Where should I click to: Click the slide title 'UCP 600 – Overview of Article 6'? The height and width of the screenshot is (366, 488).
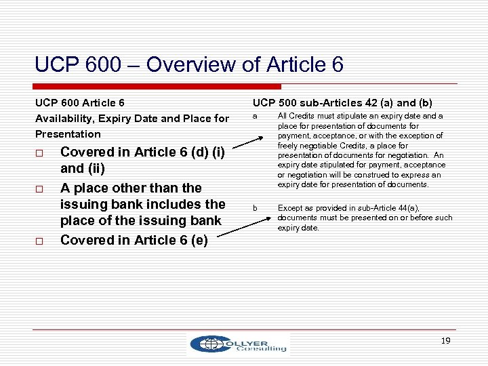(189, 65)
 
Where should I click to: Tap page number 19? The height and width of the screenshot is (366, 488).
(445, 341)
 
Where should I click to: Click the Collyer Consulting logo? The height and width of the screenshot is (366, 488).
(239, 344)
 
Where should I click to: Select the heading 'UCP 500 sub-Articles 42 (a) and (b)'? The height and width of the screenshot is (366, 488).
(342, 103)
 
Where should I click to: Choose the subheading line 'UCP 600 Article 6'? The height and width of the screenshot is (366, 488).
(80, 103)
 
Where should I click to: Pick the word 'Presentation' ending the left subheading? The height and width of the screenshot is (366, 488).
(68, 134)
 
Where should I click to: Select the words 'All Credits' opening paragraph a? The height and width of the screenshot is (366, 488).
(296, 117)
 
